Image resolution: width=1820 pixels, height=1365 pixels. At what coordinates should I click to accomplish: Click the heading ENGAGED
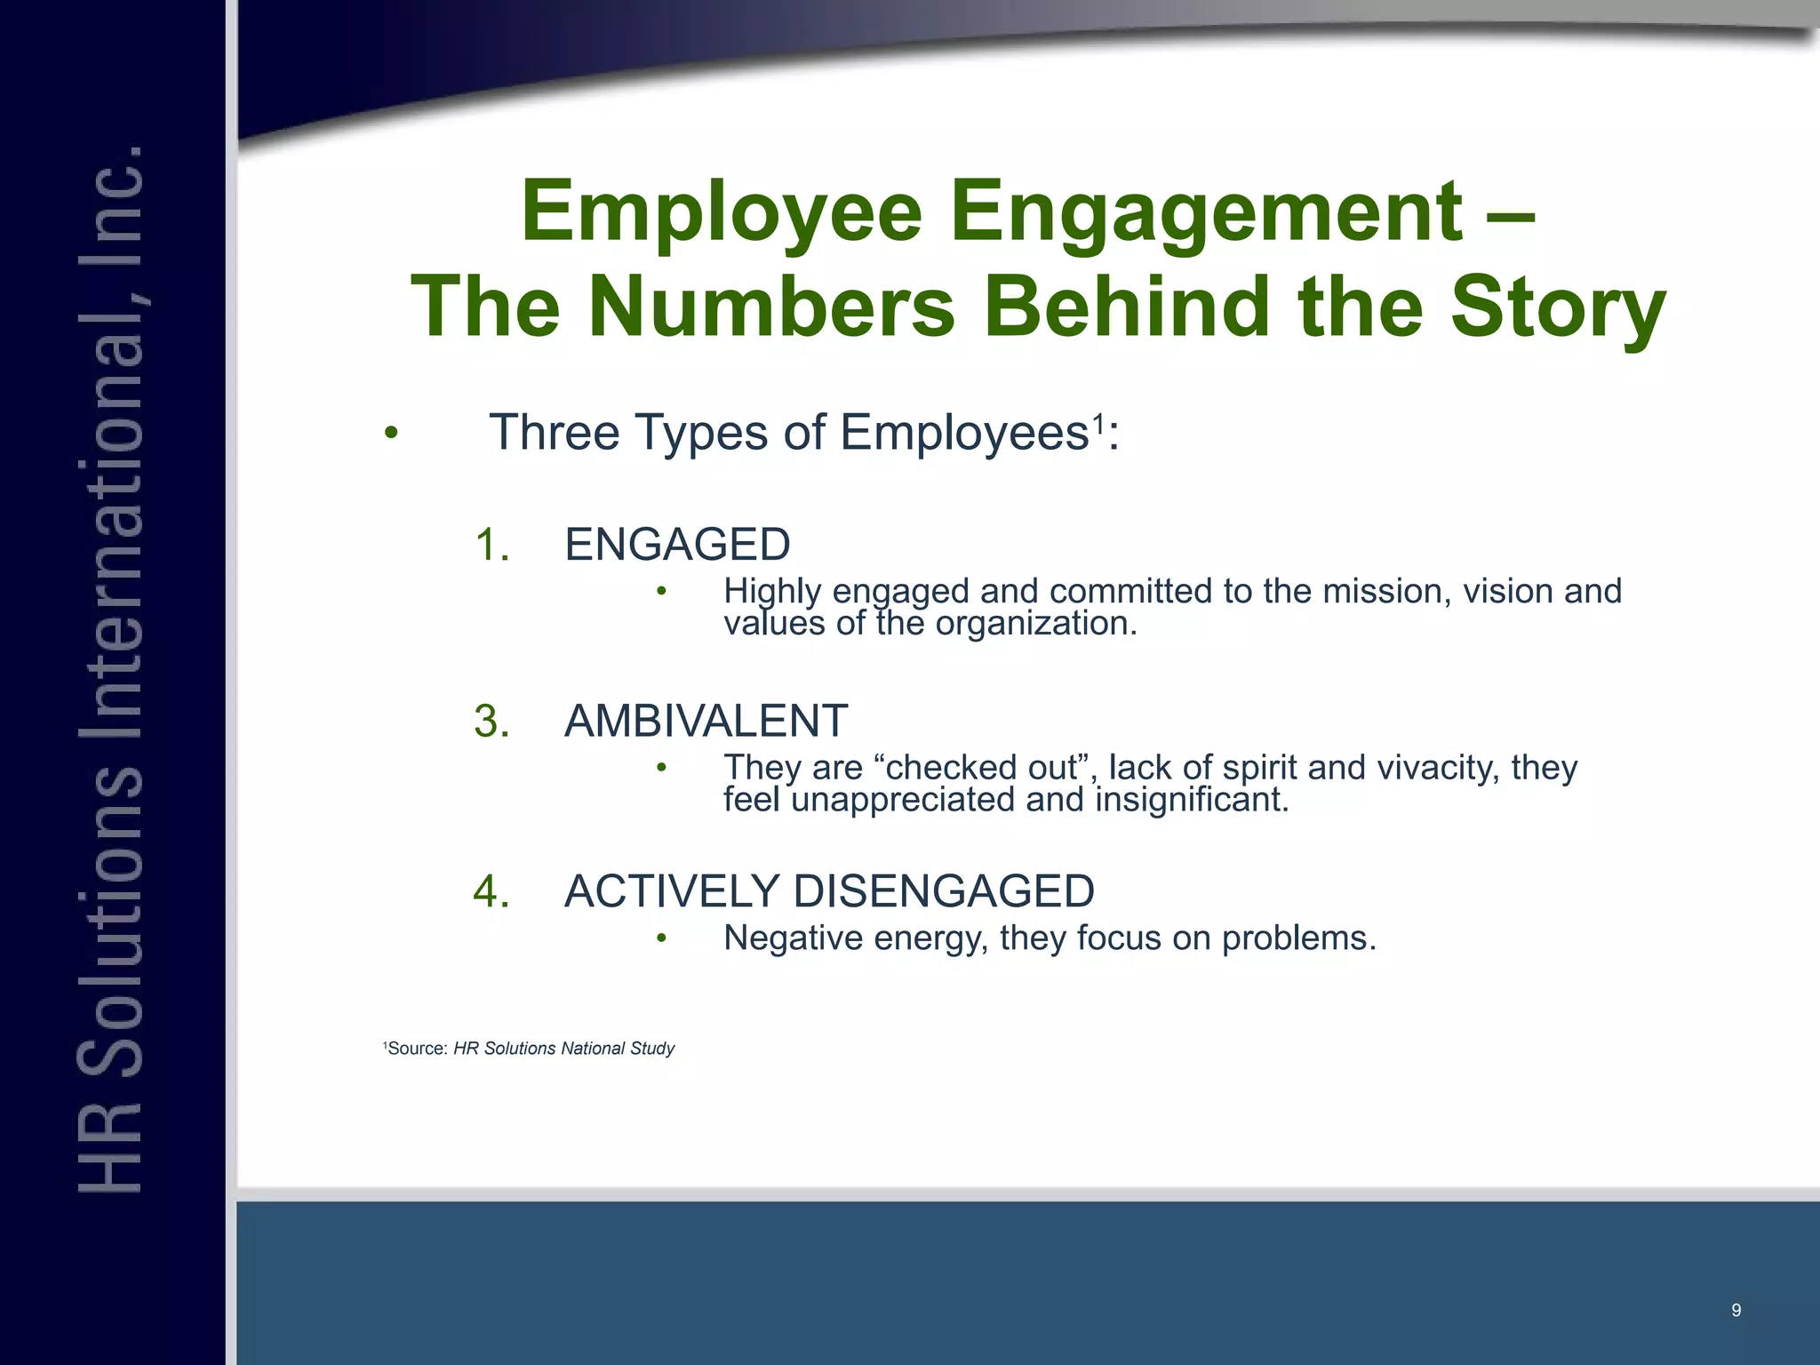(677, 544)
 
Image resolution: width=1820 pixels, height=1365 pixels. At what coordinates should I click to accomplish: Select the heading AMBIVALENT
(706, 720)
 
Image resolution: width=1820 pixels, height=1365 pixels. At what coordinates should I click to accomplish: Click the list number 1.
(491, 544)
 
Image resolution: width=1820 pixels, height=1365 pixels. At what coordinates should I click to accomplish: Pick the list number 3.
(491, 720)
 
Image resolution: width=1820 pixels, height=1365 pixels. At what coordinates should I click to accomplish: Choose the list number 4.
(491, 890)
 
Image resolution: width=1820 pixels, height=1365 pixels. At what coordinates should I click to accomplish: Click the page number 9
(1736, 1310)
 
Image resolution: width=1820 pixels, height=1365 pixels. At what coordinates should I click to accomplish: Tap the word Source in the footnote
(418, 1049)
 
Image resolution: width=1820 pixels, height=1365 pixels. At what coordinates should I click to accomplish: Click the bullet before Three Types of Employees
(391, 435)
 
